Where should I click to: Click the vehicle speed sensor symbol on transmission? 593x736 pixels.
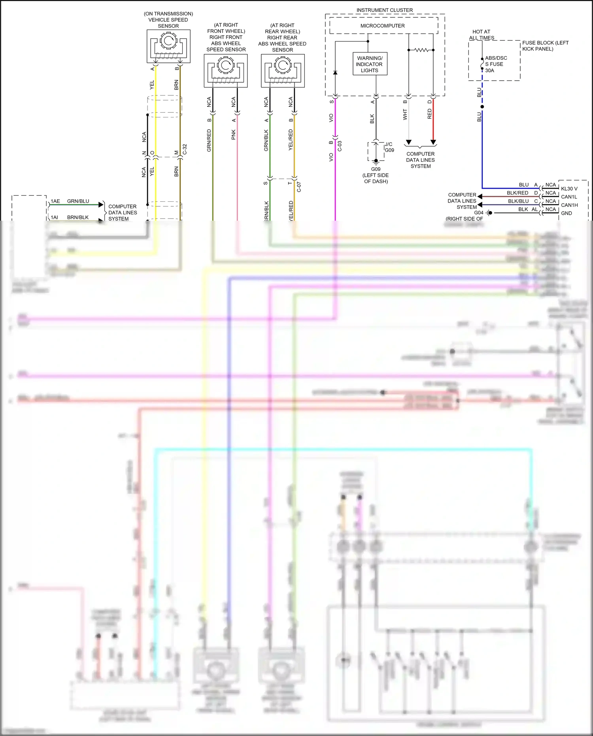click(168, 46)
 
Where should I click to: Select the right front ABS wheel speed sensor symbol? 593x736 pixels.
click(226, 70)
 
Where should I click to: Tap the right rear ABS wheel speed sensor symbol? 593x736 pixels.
click(283, 70)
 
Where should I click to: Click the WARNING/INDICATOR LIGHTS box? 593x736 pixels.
click(370, 64)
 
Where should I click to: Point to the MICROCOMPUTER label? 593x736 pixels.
click(382, 26)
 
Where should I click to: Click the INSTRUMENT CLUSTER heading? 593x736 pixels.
click(384, 10)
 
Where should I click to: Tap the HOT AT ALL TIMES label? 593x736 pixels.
click(481, 35)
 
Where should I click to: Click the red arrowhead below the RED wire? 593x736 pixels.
click(433, 142)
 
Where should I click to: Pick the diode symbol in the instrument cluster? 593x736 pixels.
click(335, 73)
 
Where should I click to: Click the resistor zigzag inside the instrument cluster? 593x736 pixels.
click(421, 50)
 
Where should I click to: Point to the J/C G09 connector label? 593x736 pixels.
click(389, 147)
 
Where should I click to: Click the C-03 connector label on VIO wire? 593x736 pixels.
click(340, 146)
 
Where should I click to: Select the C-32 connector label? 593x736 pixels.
click(185, 149)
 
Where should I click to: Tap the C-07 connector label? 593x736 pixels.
click(299, 187)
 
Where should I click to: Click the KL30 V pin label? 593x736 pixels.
click(569, 189)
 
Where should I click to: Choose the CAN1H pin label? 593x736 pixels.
click(569, 205)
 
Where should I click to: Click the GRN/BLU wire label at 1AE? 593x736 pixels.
click(78, 201)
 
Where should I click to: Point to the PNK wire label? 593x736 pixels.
click(234, 134)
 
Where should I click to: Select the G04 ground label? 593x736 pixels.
click(479, 213)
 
